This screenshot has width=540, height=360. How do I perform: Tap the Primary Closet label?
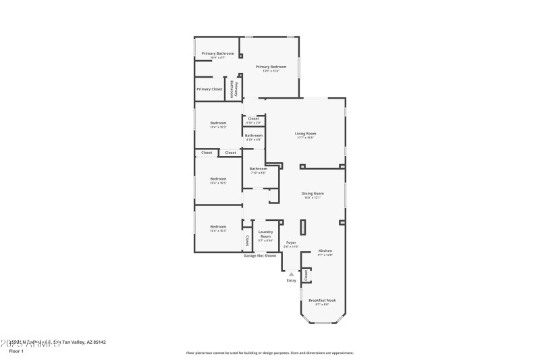[209, 89]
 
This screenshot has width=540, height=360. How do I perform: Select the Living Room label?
[305, 134]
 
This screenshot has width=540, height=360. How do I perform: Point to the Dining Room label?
[312, 194]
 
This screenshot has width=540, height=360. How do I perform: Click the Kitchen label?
[325, 251]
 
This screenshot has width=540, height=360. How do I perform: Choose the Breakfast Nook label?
[322, 300]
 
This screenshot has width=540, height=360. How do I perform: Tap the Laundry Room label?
[265, 234]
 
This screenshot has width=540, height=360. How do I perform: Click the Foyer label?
[291, 242]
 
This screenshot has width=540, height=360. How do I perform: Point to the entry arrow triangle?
[291, 274]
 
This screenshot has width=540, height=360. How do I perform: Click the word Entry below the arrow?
[291, 280]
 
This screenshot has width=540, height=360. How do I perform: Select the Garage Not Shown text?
[260, 256]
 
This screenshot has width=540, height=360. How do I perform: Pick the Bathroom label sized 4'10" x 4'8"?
[254, 136]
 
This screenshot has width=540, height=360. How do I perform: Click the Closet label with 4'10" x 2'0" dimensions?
[254, 119]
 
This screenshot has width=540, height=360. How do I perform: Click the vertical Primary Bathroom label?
[234, 90]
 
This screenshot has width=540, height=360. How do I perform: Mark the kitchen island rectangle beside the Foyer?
[303, 228]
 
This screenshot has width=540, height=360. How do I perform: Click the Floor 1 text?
[16, 352]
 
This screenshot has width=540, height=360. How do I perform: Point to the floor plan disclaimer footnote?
[269, 353]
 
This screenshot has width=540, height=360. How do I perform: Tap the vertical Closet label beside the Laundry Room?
[247, 240]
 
